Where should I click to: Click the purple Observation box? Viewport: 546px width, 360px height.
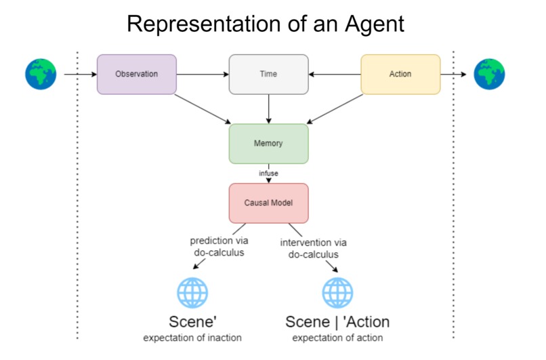[136, 74]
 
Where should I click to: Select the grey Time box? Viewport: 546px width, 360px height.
[269, 74]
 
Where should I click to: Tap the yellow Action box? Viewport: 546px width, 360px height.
[400, 74]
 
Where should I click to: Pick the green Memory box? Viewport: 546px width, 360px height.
[269, 144]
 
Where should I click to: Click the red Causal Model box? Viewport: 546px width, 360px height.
[269, 203]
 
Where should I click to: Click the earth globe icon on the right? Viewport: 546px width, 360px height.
[490, 74]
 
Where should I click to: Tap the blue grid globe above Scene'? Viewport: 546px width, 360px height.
[192, 293]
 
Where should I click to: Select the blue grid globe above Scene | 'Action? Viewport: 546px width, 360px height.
[337, 293]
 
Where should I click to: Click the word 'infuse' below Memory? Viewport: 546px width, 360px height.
[269, 174]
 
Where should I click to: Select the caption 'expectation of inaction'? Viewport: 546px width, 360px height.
[192, 338]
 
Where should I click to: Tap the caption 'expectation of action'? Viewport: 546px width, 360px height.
[337, 338]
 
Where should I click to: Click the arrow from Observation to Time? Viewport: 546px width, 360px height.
[203, 74]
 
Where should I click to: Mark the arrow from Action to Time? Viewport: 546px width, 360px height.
[335, 74]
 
